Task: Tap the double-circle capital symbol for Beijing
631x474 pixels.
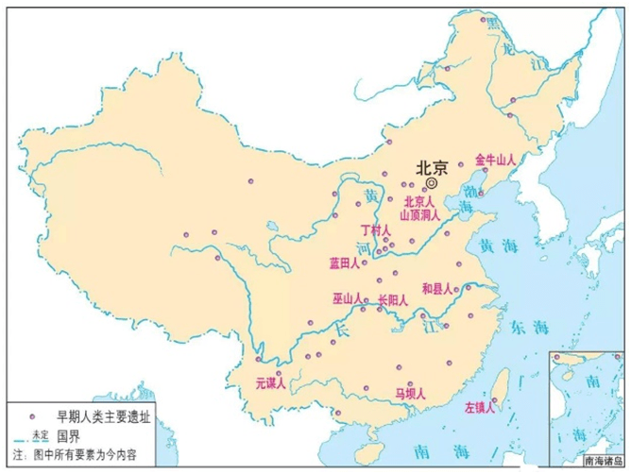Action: tap(433, 182)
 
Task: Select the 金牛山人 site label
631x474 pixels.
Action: tap(496, 160)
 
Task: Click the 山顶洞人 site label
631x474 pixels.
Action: tap(419, 215)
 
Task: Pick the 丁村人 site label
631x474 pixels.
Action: tap(376, 230)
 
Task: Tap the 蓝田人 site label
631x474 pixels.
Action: tap(346, 262)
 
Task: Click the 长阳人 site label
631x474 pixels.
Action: tap(392, 301)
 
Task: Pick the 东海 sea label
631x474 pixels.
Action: tap(528, 326)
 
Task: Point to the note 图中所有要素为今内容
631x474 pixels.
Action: tap(78, 454)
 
